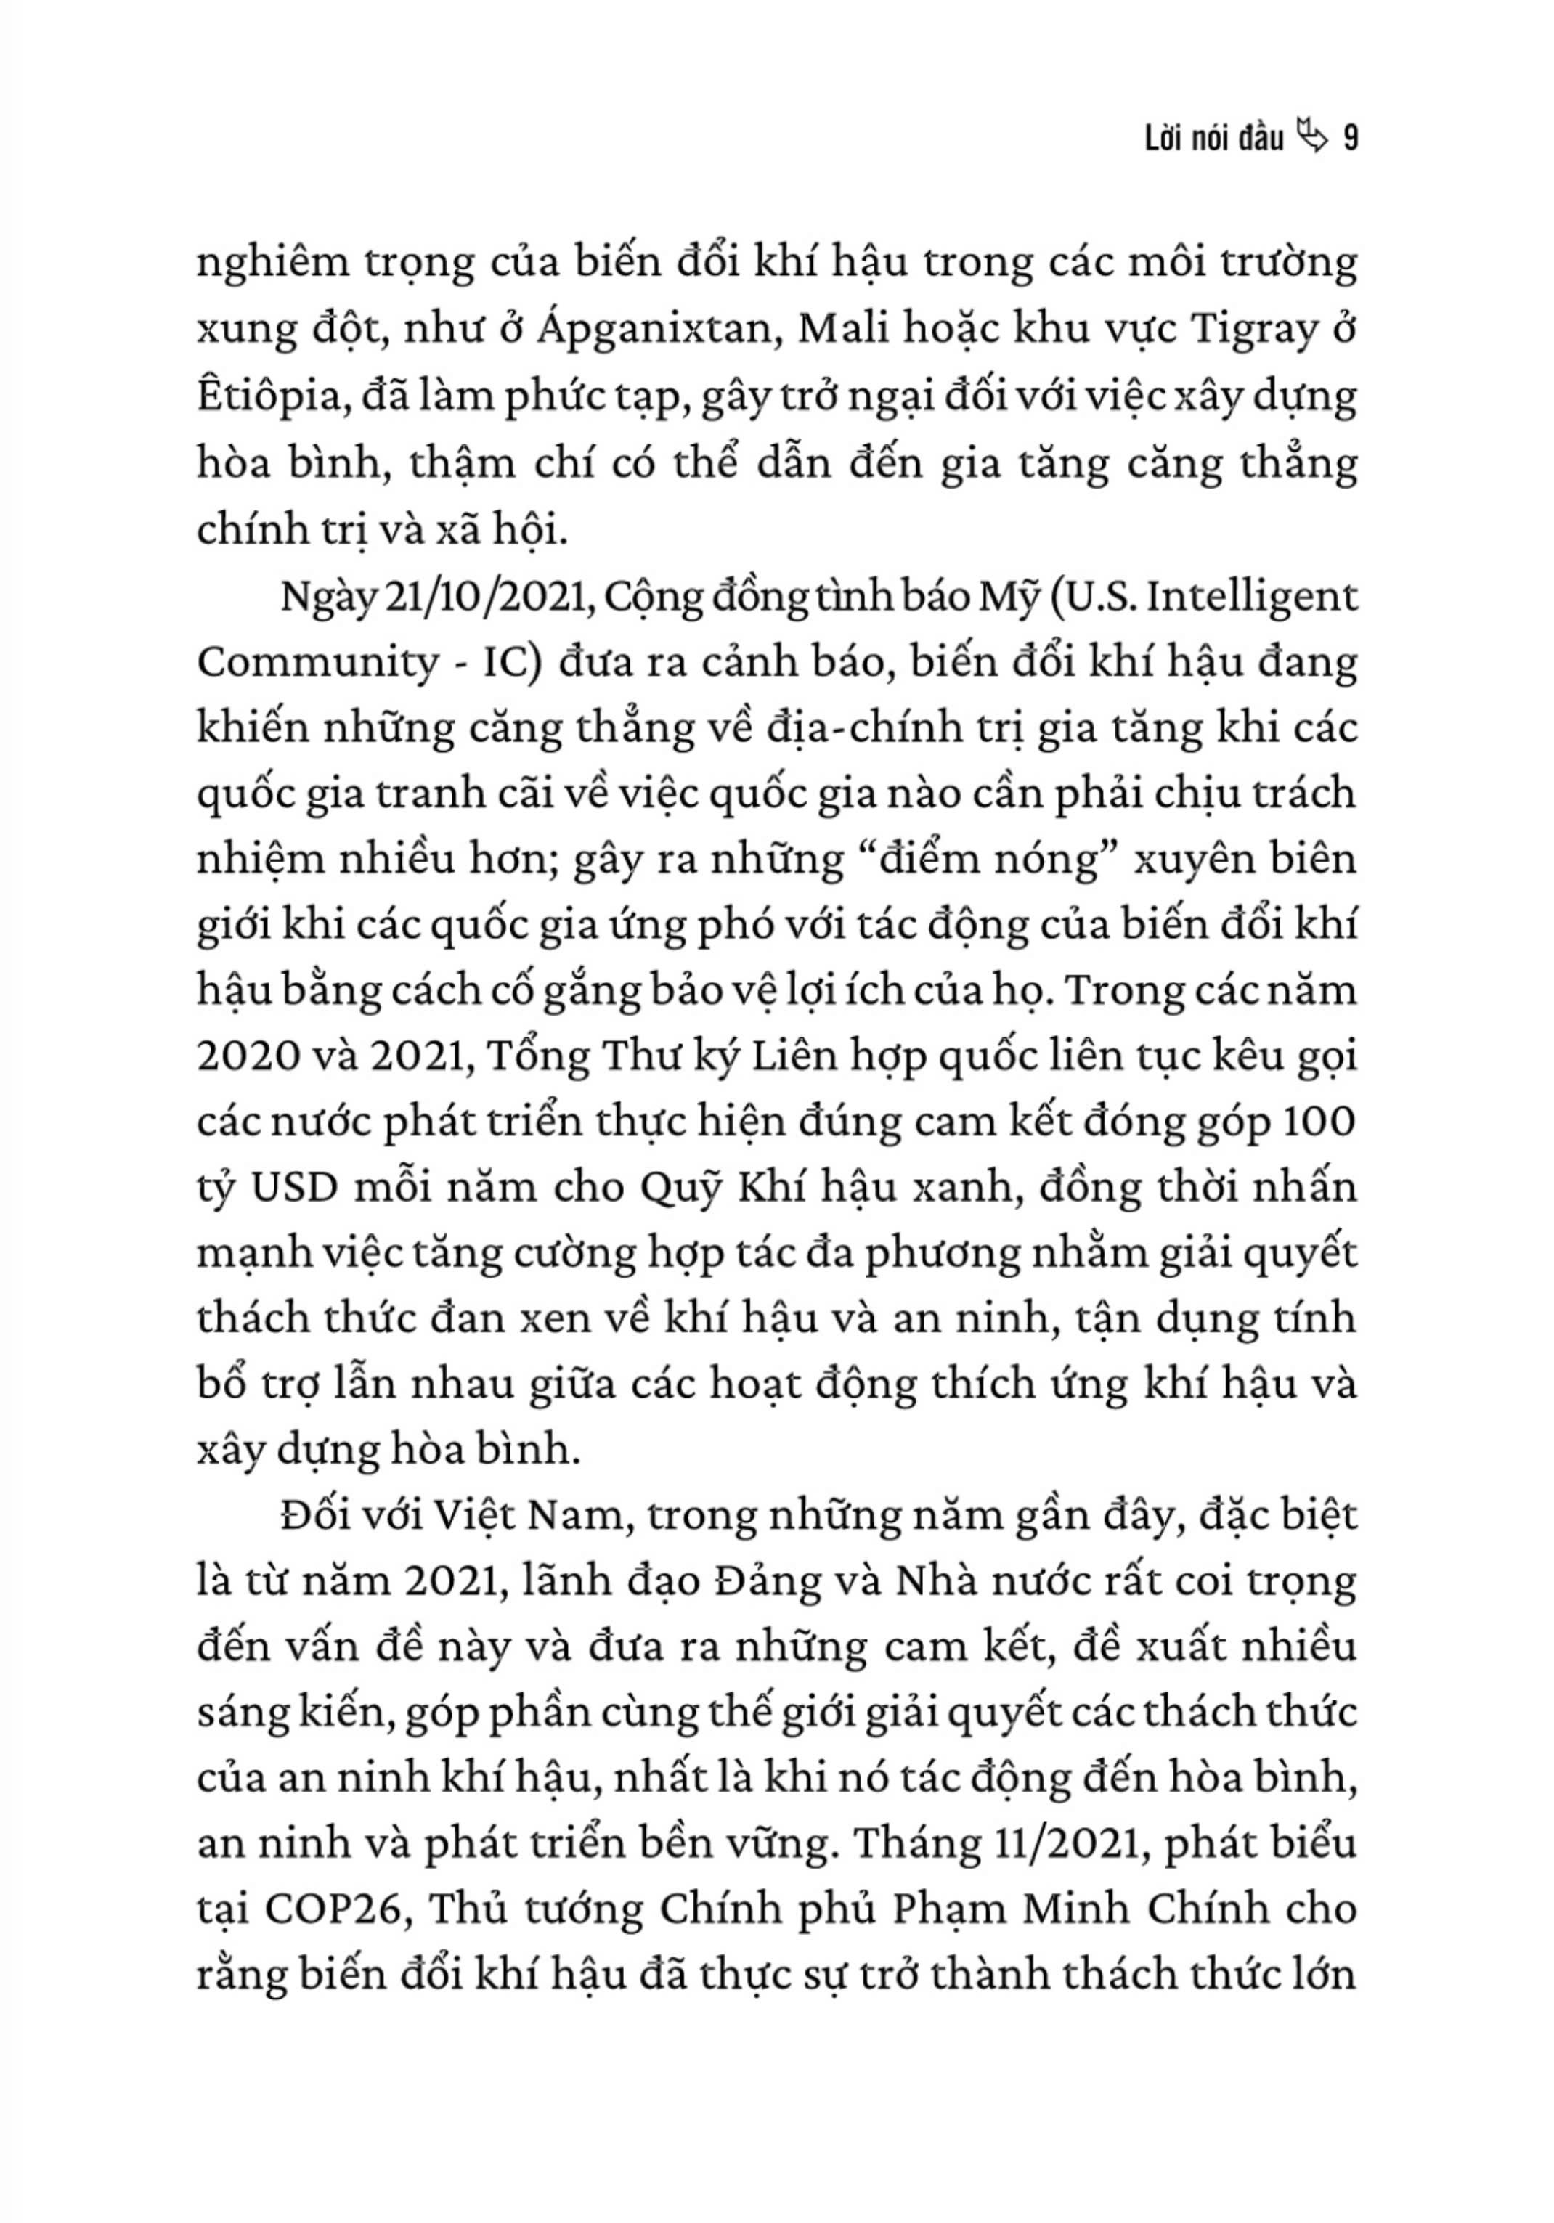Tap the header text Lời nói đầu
tap(1213, 139)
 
